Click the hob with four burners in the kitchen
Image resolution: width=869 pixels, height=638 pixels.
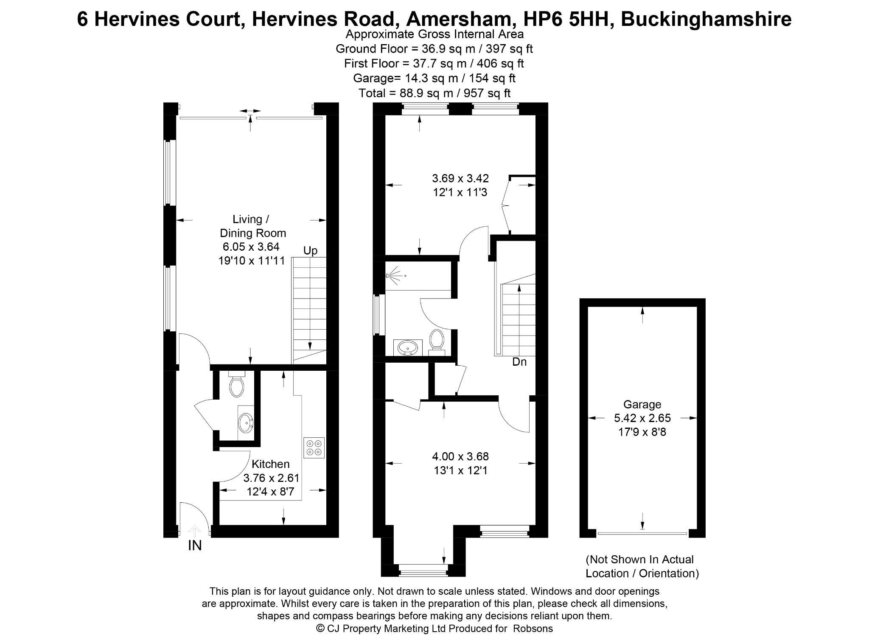[314, 448]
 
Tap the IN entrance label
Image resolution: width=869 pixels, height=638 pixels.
[195, 546]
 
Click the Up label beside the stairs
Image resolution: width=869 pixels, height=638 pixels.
[310, 251]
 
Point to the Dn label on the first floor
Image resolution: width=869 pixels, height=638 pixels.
[519, 362]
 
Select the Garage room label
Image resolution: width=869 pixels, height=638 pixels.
[642, 404]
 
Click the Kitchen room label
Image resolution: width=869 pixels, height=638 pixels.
[271, 464]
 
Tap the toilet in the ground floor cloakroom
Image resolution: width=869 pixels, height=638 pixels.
[236, 384]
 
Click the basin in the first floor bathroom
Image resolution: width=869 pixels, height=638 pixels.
[408, 347]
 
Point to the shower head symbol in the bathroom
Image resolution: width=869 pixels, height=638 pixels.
[392, 276]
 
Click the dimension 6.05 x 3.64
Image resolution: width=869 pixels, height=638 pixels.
[251, 246]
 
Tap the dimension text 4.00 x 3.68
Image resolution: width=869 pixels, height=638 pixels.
[460, 456]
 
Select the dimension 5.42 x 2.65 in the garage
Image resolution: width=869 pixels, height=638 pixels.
[642, 418]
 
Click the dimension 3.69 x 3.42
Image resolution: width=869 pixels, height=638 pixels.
[460, 178]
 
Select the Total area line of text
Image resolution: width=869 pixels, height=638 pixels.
[434, 93]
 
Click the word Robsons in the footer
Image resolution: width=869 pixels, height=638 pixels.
[533, 628]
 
